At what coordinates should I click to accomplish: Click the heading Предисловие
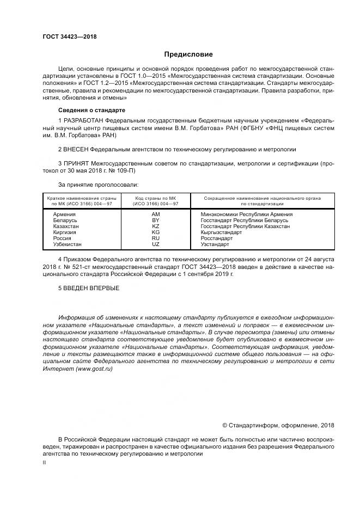pos(188,54)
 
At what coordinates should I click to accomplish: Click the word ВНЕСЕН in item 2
pos(77,148)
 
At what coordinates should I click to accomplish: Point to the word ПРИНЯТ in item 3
pos(77,162)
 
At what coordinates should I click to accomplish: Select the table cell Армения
pos(64,214)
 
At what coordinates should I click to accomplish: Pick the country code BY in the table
pos(155,220)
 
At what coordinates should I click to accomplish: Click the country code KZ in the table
pos(155,226)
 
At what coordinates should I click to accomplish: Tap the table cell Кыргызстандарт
pos(221,232)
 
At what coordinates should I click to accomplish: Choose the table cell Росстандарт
pos(216,238)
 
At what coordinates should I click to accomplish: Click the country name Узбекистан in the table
pos(68,244)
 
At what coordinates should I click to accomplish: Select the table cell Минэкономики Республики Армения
pos(247,214)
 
